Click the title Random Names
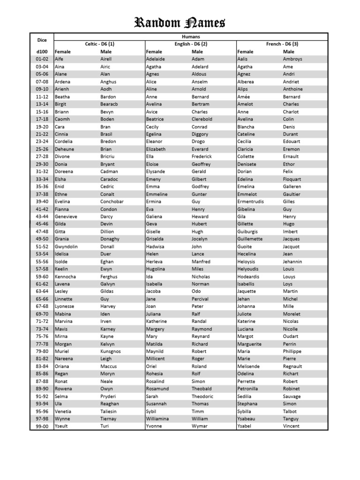click(180, 22)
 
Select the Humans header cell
click(190, 37)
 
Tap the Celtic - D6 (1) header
click(99, 44)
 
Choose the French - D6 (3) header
click(282, 44)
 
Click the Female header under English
click(154, 52)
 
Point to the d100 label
click(42, 52)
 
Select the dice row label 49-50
click(42, 239)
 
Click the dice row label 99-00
click(42, 427)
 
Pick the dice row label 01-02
click(42, 59)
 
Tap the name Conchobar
click(112, 202)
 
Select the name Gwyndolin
click(66, 247)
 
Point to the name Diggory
click(200, 134)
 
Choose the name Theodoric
click(202, 397)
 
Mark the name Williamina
click(157, 419)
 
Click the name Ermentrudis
click(254, 202)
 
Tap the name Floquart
click(292, 179)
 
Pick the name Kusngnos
click(110, 352)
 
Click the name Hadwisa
click(155, 247)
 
